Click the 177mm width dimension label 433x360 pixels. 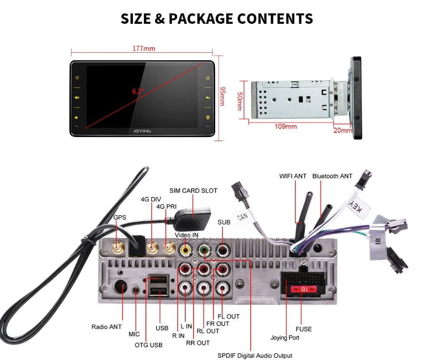[144, 48]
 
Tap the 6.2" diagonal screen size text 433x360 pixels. [138, 91]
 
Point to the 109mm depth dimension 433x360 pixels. [286, 126]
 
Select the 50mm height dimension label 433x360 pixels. [239, 100]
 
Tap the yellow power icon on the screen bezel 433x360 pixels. [77, 78]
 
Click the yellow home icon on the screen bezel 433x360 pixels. [208, 78]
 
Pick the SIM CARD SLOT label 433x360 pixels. [193, 190]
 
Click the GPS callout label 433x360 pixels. [120, 217]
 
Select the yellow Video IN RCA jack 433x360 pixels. [186, 250]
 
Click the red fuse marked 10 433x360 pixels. [301, 289]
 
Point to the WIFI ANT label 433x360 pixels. [293, 176]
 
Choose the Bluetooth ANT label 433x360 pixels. [332, 176]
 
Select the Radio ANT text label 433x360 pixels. [107, 327]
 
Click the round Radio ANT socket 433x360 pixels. [120, 288]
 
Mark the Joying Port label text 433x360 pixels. [284, 337]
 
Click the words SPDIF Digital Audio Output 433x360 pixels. [255, 356]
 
